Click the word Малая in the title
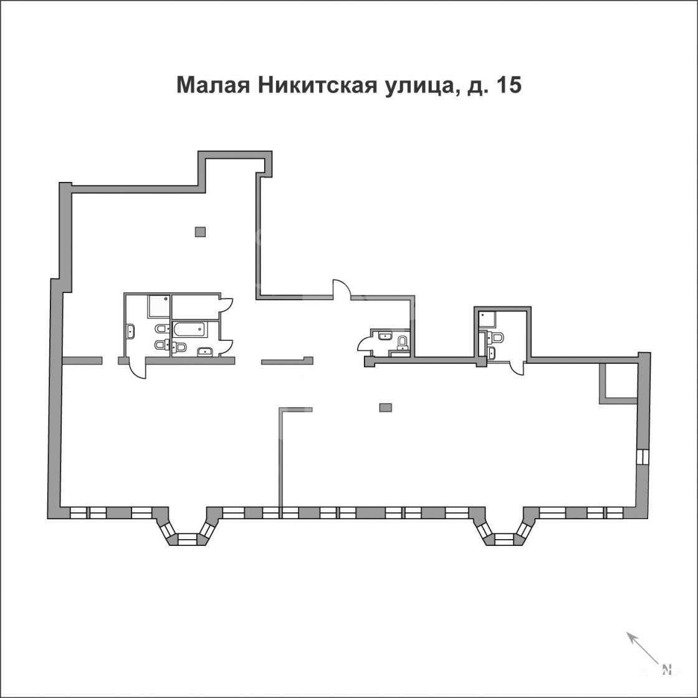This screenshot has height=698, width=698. click(x=213, y=85)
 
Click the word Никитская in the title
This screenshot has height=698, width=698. click(x=318, y=85)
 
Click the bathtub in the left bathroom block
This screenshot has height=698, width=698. click(x=190, y=329)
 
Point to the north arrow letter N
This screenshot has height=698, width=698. click(x=666, y=669)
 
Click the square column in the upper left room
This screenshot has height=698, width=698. click(x=200, y=231)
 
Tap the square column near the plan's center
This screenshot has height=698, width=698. click(x=386, y=408)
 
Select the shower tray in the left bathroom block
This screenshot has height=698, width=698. click(x=158, y=306)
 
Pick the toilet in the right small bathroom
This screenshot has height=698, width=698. click(x=495, y=337)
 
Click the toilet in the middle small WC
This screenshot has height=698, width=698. click(x=403, y=342)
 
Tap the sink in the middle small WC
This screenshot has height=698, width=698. click(x=384, y=336)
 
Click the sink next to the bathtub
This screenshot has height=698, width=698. click(x=205, y=351)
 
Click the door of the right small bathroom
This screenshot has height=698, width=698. click(x=517, y=369)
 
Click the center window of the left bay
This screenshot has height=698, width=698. click(x=187, y=540)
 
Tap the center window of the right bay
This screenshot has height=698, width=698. click(x=504, y=540)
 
